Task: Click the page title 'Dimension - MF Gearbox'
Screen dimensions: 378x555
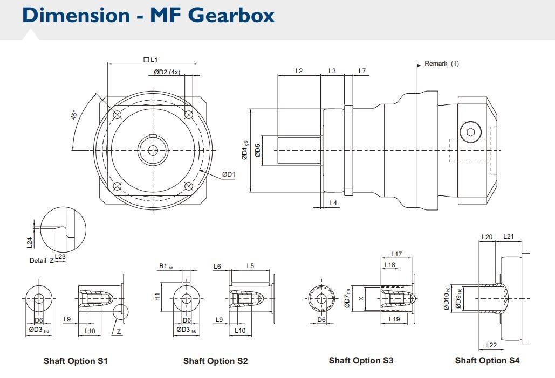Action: click(x=148, y=15)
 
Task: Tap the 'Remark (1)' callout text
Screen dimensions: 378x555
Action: click(x=441, y=64)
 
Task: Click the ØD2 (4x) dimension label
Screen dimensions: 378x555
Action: click(x=167, y=72)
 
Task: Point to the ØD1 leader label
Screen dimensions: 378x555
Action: click(x=229, y=174)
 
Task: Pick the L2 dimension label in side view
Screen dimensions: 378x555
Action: click(x=299, y=71)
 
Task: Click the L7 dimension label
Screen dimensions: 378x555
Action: click(x=362, y=71)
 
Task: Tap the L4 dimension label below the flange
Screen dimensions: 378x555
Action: click(x=333, y=202)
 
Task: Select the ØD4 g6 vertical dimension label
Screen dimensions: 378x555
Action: click(x=244, y=150)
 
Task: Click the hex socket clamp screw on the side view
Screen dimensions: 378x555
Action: click(x=470, y=132)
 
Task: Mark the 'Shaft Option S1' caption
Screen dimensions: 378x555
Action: click(x=76, y=361)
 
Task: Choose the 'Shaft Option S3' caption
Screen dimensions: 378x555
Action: click(x=361, y=360)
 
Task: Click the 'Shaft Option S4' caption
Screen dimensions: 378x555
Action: click(x=487, y=360)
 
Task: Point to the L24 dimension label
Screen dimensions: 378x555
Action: click(x=30, y=242)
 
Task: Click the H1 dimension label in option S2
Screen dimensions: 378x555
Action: click(x=157, y=297)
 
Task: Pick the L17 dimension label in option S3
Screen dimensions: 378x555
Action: click(x=396, y=254)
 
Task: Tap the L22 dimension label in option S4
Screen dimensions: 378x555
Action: click(x=491, y=345)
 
